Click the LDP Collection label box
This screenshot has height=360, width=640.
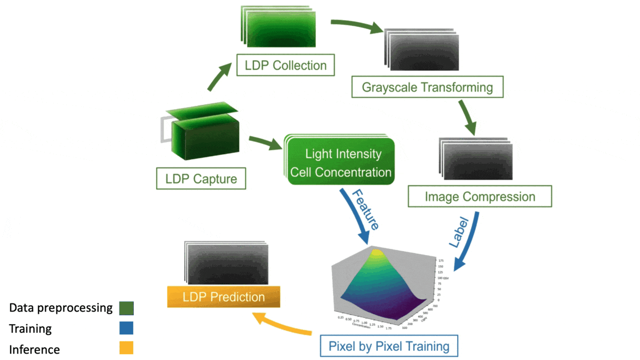pyautogui.click(x=285, y=66)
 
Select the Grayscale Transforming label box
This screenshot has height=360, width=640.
pyautogui.click(x=427, y=86)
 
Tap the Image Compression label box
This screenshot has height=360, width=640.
pyautogui.click(x=479, y=196)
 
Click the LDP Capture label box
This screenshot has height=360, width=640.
pyautogui.click(x=201, y=178)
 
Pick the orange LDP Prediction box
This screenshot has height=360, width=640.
pyautogui.click(x=224, y=297)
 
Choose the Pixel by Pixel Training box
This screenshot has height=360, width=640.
pyautogui.click(x=389, y=347)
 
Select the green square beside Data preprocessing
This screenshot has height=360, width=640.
pyautogui.click(x=126, y=308)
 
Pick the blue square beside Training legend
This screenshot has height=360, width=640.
pyautogui.click(x=126, y=328)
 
